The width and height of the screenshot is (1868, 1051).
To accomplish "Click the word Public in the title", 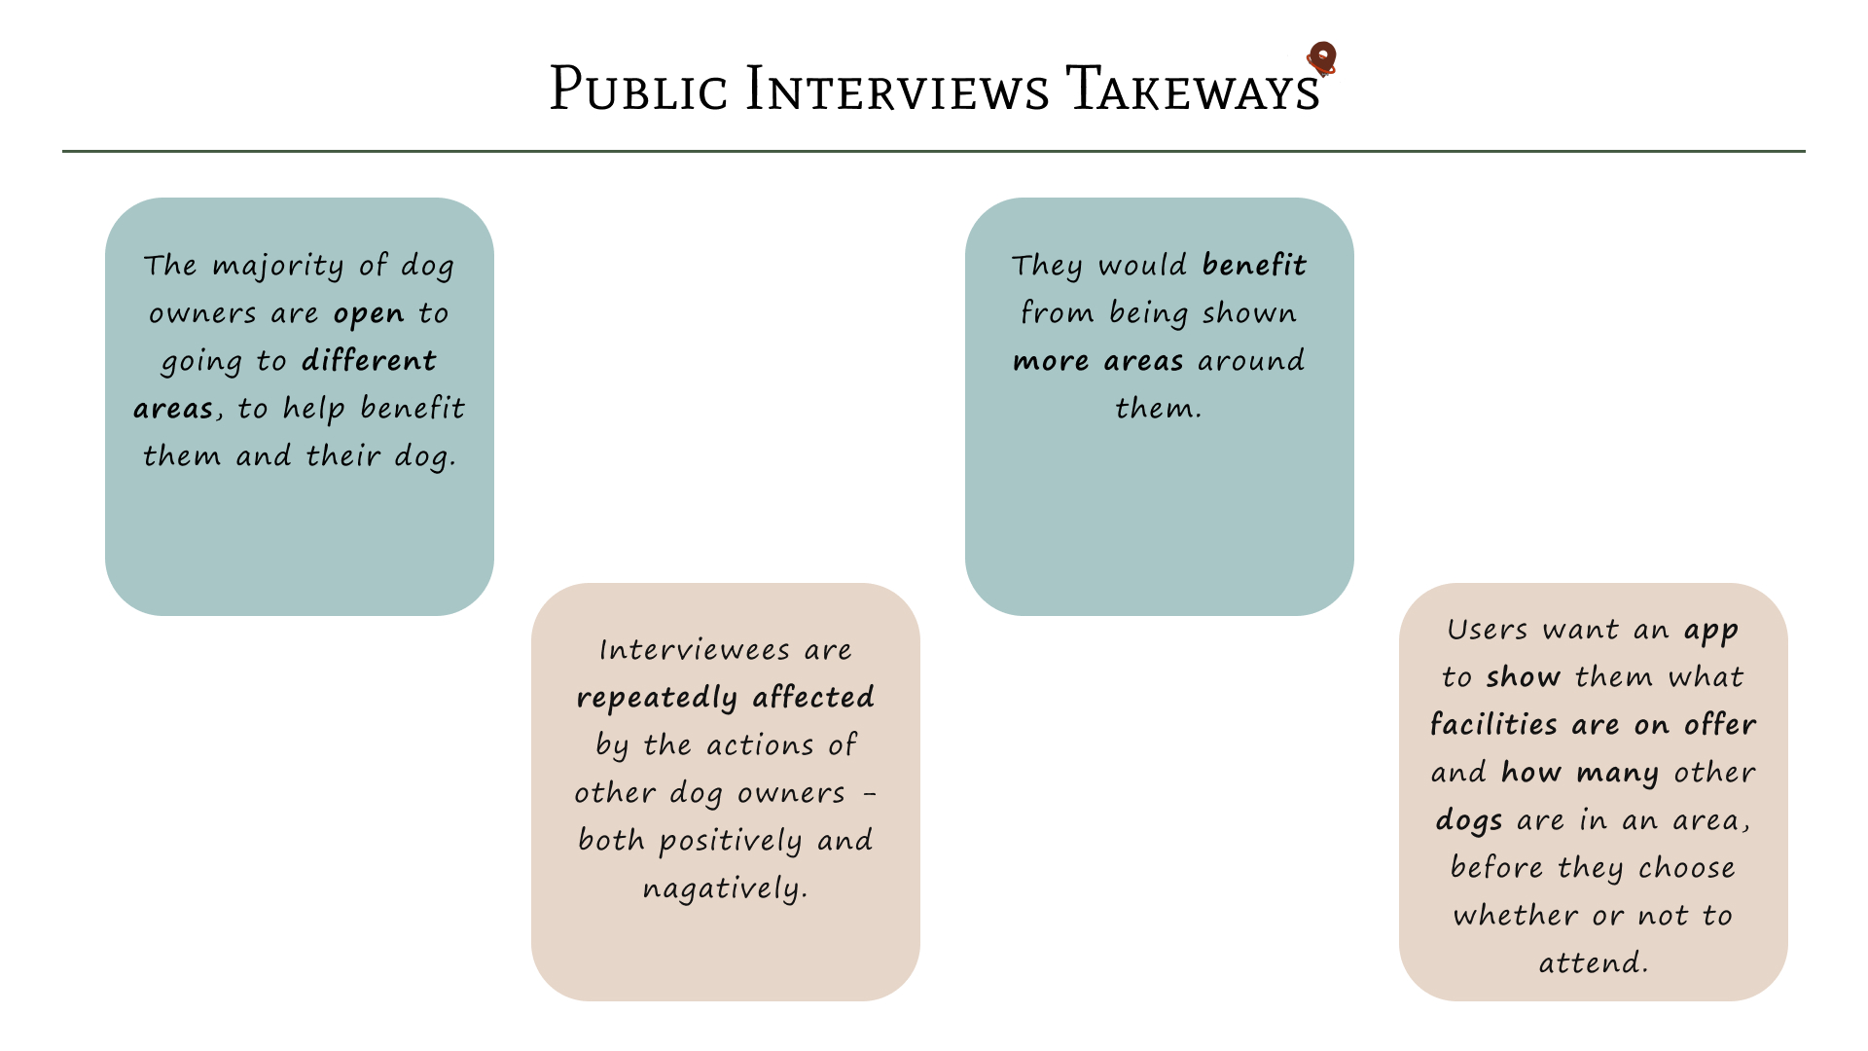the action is coord(638,90).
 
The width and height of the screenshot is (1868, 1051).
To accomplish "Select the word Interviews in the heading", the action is coord(897,90).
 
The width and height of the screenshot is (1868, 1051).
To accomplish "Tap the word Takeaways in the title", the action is coord(1193,90).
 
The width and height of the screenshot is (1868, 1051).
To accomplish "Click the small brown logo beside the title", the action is coord(1321,58).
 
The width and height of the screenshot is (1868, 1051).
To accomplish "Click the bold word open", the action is coord(368,313).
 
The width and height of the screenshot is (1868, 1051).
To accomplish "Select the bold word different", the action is coord(369,361).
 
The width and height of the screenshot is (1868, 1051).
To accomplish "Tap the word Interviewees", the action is coord(694,650).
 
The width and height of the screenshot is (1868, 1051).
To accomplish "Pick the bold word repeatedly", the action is coord(657,698).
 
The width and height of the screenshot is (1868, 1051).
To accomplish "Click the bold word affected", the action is coord(813,698).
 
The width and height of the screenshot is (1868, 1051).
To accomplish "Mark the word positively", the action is coord(731,841).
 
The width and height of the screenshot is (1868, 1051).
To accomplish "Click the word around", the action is coord(1251,361).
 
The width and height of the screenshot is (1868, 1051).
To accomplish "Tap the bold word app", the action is coord(1711,631).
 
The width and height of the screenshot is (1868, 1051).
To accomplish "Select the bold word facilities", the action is coord(1494,725).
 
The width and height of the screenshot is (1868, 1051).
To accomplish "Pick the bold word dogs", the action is coord(1468,820).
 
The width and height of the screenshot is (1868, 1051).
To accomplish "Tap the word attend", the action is coord(1591,963).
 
